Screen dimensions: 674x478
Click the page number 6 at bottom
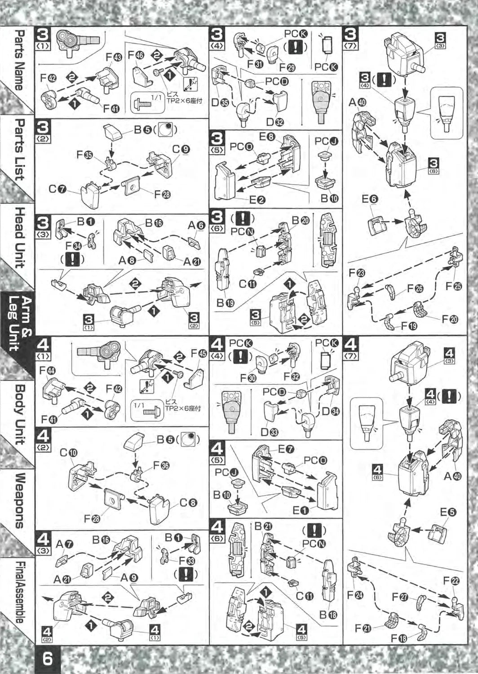tap(47, 659)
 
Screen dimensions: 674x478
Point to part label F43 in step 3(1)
tap(114, 58)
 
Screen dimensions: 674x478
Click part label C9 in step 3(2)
tap(181, 149)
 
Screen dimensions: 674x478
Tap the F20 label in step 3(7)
tap(450, 319)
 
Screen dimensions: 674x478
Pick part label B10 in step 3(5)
tap(329, 199)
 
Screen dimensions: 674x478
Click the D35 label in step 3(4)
tap(220, 103)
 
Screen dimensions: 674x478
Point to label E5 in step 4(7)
tap(448, 512)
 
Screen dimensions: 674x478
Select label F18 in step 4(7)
tap(398, 638)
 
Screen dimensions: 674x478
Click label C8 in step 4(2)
tap(188, 503)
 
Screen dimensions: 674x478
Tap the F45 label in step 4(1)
tap(199, 354)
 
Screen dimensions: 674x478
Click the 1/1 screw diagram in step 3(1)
tap(146, 102)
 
